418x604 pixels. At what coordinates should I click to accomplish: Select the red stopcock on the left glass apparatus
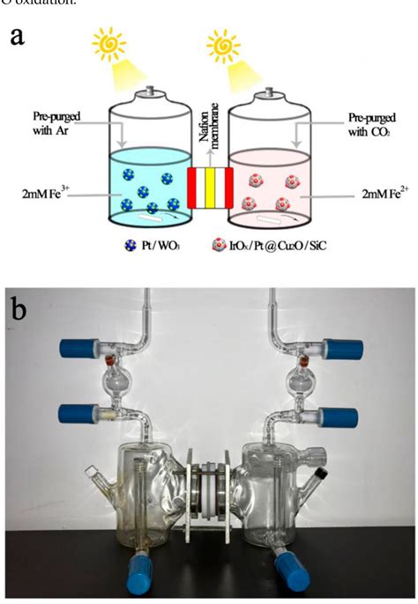click(112, 360)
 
